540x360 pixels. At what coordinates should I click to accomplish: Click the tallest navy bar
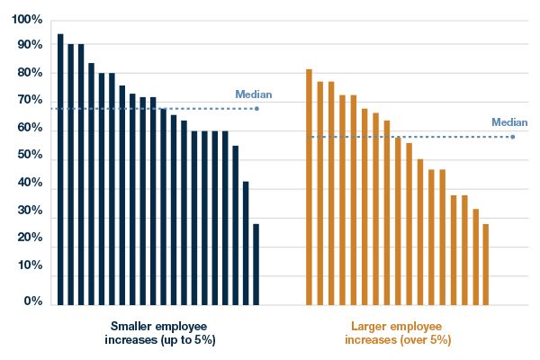[x=60, y=171]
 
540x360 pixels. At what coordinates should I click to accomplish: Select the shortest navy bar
[x=256, y=265]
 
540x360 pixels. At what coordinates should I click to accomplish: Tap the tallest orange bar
[x=309, y=189]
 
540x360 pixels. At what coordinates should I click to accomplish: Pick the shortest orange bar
[x=485, y=265]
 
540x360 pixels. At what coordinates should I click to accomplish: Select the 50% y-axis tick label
[x=31, y=156]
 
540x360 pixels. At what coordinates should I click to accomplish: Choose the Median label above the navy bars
[x=253, y=94]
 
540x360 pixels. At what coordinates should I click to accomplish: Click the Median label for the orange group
[x=509, y=122]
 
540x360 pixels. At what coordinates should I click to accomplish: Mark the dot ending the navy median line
[x=257, y=109]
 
